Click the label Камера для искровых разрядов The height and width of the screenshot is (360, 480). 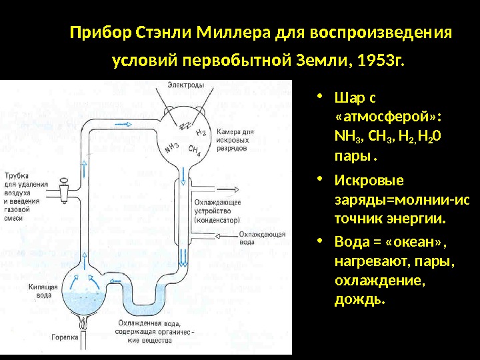coord(235,141)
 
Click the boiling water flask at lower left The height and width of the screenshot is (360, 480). coord(84,293)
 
